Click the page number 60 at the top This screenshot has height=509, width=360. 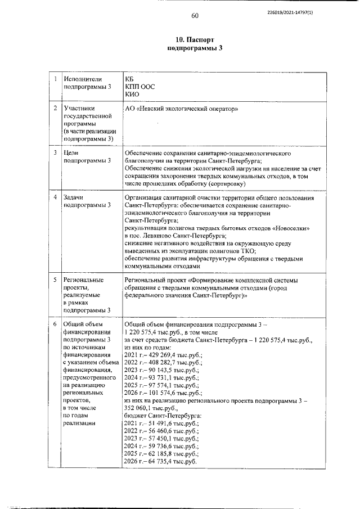tap(195, 15)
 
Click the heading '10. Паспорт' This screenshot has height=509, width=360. tap(195, 40)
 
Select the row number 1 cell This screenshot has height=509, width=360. tap(55, 79)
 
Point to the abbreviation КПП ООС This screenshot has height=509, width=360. tap(139, 87)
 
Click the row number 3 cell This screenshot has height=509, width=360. tap(55, 152)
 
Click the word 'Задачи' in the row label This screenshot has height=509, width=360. tap(75, 197)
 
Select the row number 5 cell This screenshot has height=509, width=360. tap(55, 280)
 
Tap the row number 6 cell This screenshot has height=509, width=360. tap(55, 325)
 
